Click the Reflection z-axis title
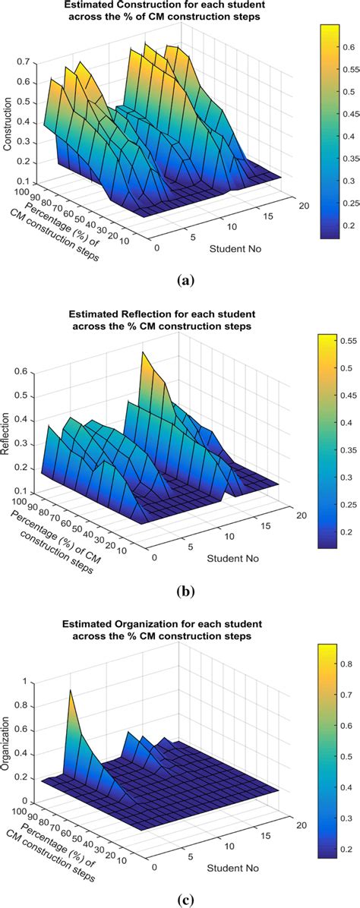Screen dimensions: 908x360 [7, 433]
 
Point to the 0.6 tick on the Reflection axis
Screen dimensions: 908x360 [22, 371]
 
